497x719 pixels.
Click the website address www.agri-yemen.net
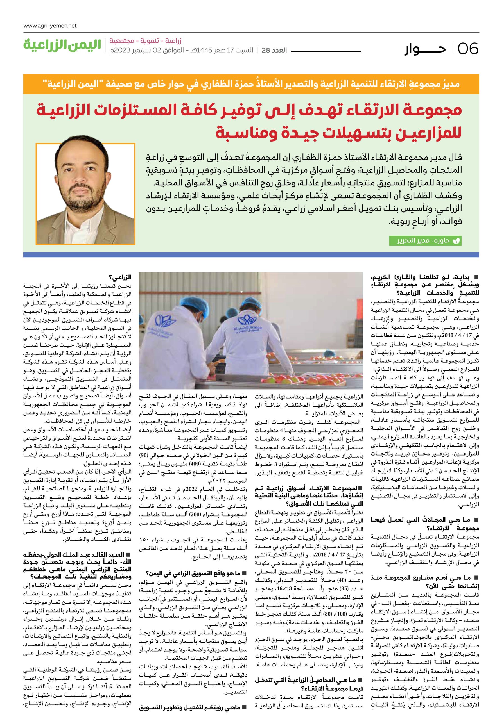click(50, 26)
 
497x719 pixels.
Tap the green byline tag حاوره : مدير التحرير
click(425, 241)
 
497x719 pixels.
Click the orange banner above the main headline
click(251, 84)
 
